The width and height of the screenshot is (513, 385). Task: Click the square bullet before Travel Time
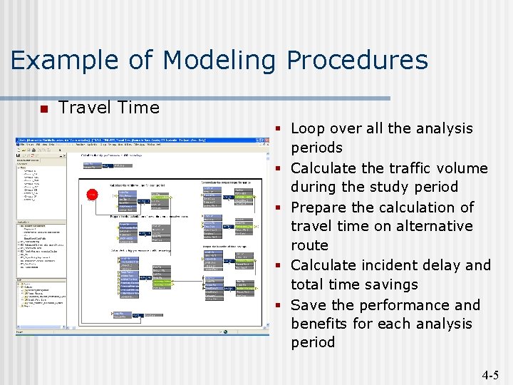[43, 109]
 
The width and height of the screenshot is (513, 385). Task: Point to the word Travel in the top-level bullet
[81, 108]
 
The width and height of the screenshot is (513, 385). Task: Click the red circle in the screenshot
[92, 194]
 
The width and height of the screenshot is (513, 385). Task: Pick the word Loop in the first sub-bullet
[307, 128]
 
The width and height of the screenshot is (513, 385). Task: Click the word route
[309, 245]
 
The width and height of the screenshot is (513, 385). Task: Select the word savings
[391, 284]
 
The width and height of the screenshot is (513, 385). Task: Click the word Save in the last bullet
[307, 305]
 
